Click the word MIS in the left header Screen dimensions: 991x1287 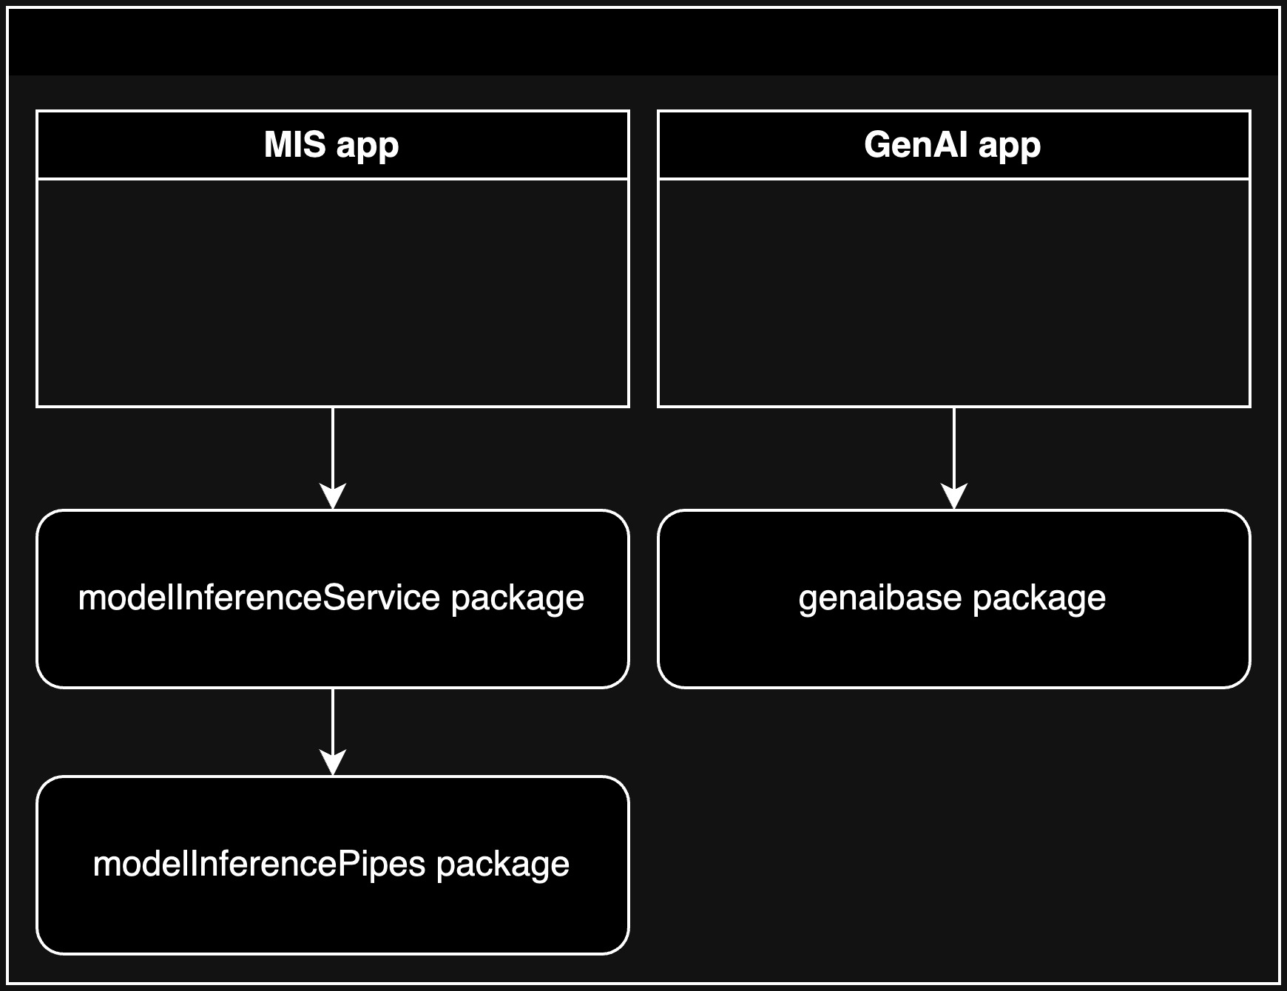pos(294,144)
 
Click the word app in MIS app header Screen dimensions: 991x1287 pos(367,146)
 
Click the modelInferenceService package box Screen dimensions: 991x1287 pos(333,643)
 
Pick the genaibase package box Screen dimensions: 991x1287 pos(954,643)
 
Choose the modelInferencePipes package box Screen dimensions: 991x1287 pos(333,910)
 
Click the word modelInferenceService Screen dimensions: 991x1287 pos(259,598)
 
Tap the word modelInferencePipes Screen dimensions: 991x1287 pos(259,864)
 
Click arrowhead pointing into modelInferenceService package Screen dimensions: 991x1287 pos(333,497)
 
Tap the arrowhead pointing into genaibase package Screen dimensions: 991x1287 pos(954,497)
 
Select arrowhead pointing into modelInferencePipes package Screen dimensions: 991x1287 pos(333,763)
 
